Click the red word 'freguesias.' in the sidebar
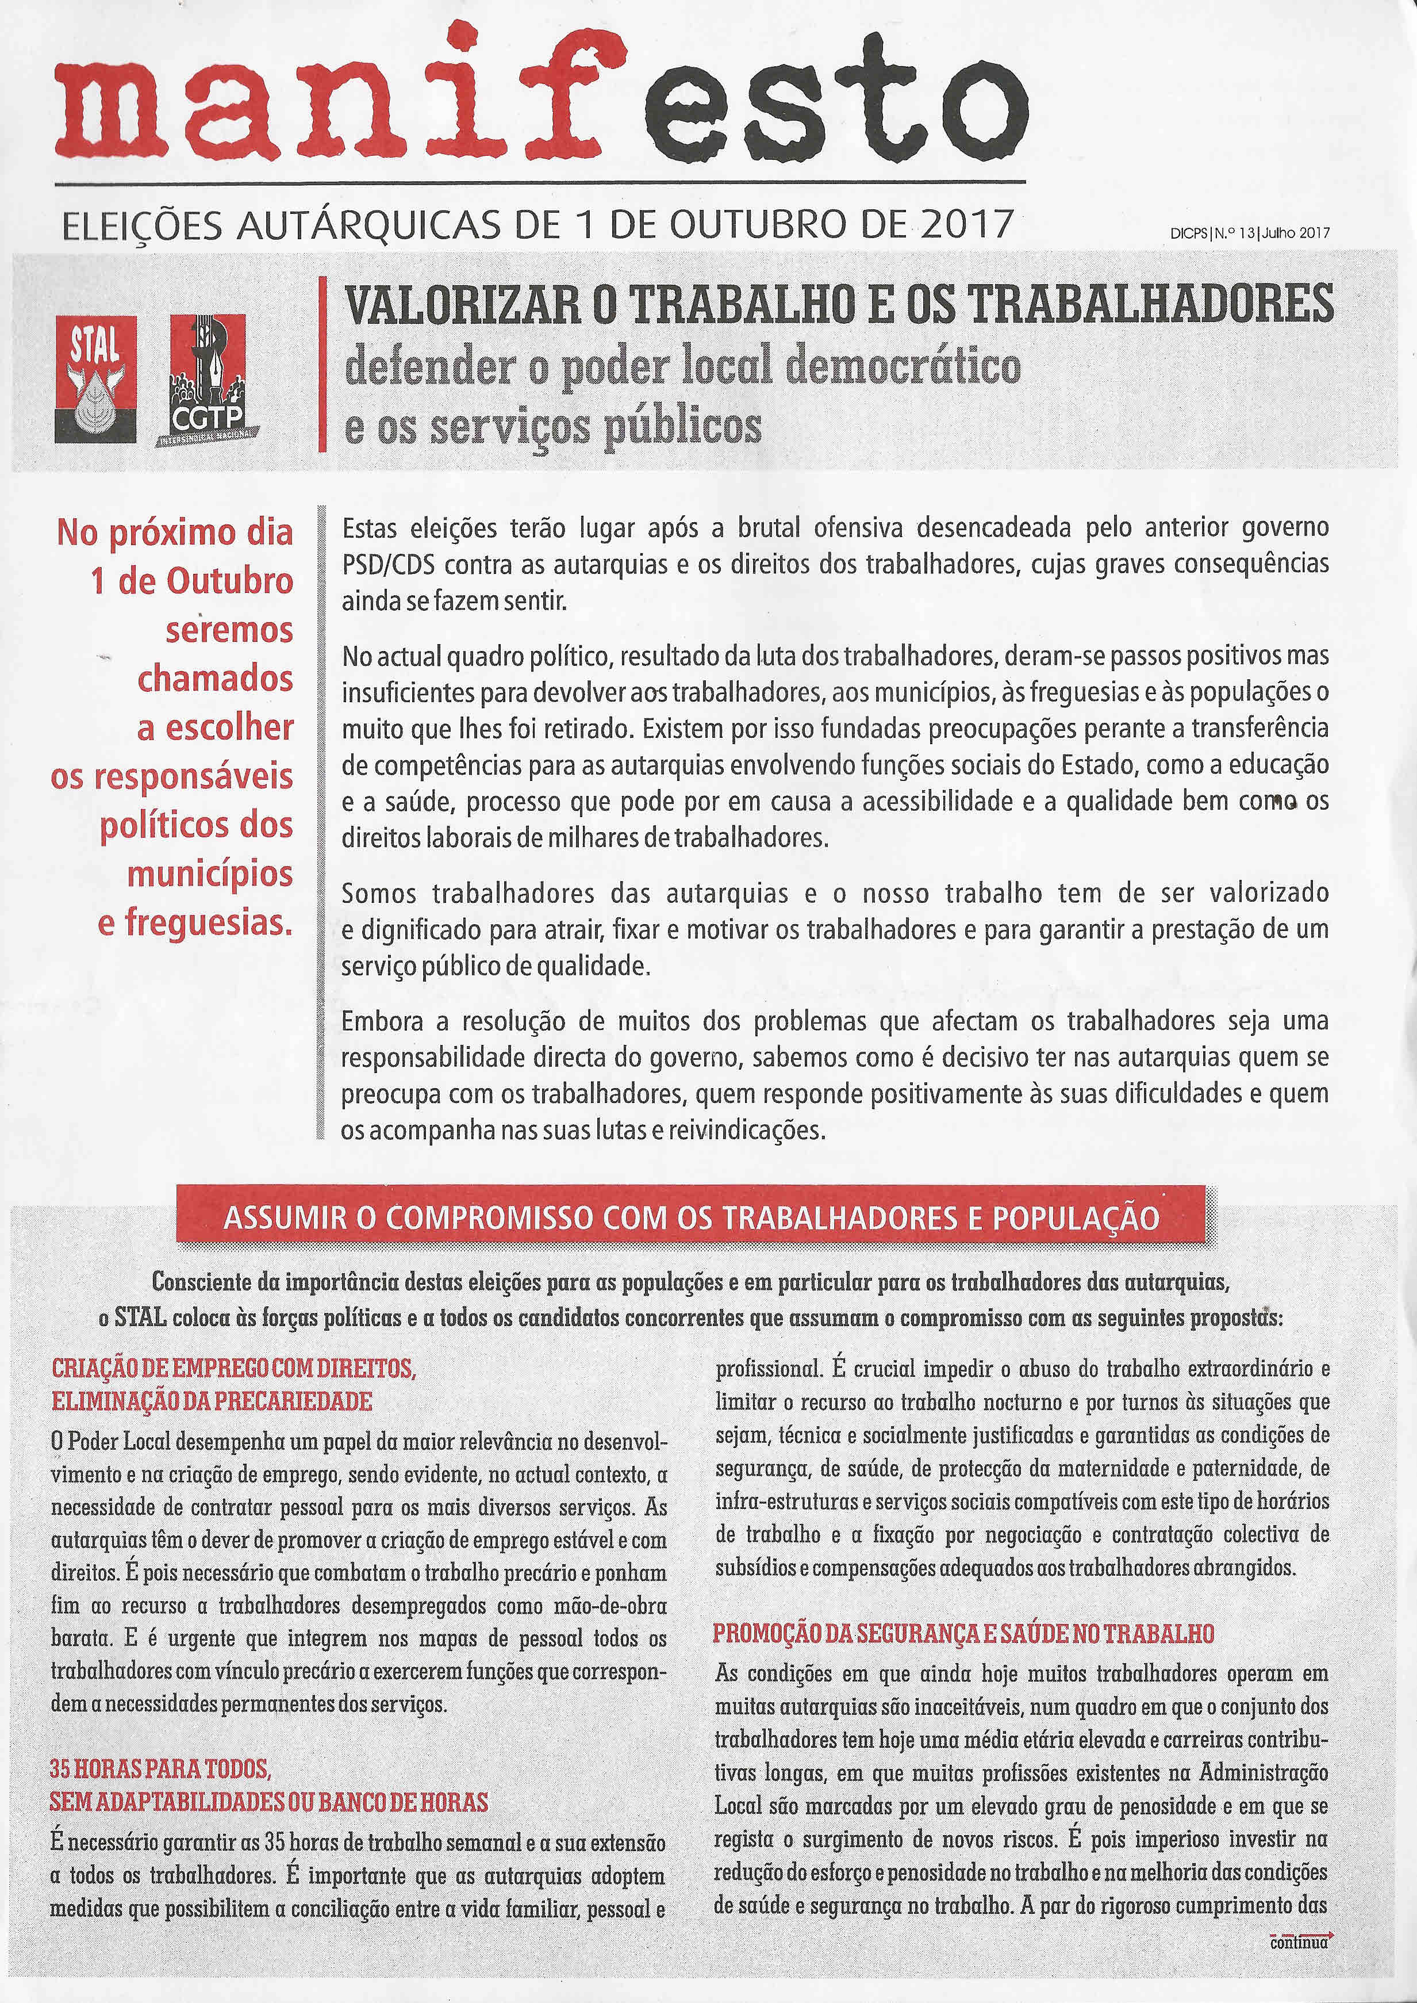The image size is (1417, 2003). coord(194,922)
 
